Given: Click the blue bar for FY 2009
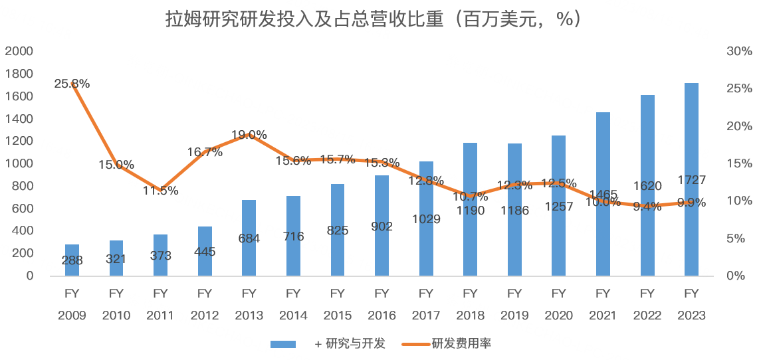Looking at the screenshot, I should tap(72, 260).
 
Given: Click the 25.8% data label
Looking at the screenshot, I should tap(72, 84).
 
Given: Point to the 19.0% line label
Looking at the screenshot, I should tap(249, 135).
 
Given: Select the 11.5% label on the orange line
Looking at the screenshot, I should tap(160, 191).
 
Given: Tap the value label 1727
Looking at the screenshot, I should tap(691, 179).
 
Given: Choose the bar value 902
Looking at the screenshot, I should tap(381, 226).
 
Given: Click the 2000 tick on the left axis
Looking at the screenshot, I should tap(19, 51).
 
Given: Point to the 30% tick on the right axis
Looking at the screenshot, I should tap(739, 51).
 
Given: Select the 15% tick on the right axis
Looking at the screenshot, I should tap(739, 163).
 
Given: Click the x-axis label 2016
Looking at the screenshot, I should tap(381, 315).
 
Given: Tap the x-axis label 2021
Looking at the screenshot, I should tap(603, 315).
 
